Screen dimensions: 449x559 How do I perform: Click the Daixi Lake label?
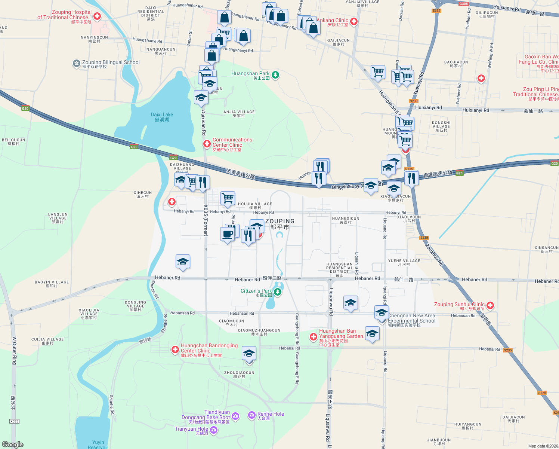162,117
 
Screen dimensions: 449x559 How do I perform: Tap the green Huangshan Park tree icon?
275,75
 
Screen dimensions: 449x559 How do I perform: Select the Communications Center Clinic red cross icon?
207,144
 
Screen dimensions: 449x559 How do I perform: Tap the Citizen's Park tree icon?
277,292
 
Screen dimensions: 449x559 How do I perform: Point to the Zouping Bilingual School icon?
77,64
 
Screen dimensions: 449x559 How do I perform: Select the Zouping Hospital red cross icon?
97,16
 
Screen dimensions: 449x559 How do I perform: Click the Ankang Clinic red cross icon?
353,21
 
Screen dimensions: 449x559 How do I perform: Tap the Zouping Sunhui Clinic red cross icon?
490,306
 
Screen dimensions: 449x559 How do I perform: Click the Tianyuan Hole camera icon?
214,430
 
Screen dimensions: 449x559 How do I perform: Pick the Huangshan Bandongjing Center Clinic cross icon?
175,349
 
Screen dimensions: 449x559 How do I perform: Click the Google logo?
12,445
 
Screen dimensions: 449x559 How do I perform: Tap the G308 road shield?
463,4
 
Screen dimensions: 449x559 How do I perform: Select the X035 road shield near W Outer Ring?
14,421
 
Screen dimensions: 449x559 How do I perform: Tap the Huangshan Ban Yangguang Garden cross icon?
313,337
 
